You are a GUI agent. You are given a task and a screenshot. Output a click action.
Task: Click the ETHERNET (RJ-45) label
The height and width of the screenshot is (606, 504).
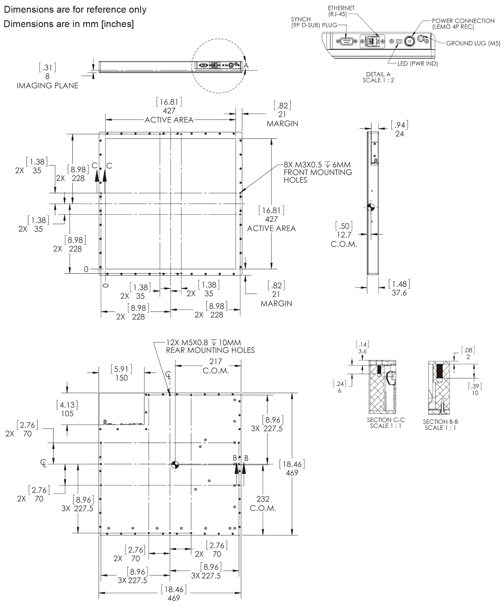341,11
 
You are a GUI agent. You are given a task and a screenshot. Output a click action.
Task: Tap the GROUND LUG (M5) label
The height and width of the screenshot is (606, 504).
473,43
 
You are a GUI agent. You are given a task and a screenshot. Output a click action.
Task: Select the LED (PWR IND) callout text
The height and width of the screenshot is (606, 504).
417,64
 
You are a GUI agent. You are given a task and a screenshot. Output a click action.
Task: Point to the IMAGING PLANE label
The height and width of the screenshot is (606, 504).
47,86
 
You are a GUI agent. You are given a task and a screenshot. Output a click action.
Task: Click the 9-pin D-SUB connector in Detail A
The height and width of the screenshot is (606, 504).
346,42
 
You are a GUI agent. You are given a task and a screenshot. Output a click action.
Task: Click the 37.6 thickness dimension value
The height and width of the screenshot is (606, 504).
399,293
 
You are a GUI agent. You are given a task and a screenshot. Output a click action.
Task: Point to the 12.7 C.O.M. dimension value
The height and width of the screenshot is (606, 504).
344,235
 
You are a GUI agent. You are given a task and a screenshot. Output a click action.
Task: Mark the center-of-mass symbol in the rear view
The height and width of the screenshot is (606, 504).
175,465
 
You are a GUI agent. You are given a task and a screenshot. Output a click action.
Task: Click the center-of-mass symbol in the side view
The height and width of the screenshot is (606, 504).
371,207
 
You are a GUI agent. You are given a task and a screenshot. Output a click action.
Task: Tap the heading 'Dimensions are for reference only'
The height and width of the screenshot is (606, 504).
75,10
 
